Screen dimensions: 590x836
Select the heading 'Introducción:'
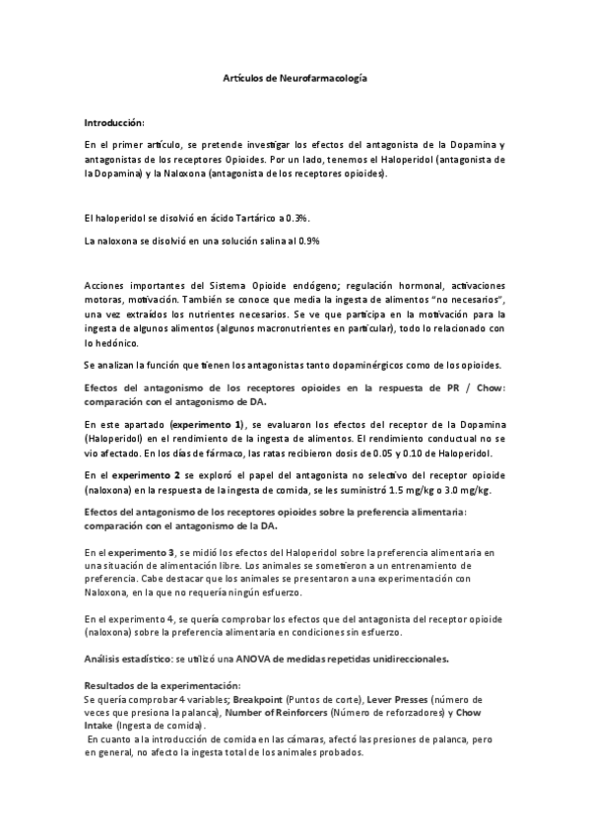point(114,122)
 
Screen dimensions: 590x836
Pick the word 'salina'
point(272,240)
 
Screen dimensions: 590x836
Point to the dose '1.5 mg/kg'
point(408,490)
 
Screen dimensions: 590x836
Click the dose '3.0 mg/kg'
point(470,490)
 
